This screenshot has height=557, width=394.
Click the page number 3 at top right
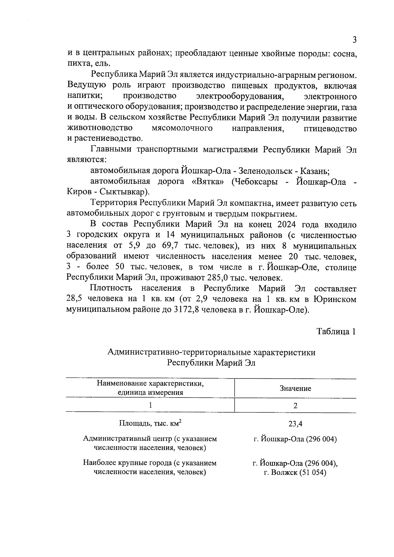click(354, 40)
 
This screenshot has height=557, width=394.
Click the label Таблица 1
click(336, 332)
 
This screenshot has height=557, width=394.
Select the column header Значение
click(295, 389)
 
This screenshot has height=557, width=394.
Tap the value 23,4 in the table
click(295, 424)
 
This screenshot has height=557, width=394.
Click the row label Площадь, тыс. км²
click(150, 423)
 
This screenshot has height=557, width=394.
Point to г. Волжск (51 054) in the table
click(295, 473)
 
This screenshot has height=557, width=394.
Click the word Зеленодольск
click(262, 171)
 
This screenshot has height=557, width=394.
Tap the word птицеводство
click(330, 128)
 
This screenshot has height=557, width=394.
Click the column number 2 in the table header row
click(295, 405)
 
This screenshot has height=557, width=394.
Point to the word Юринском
click(335, 299)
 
